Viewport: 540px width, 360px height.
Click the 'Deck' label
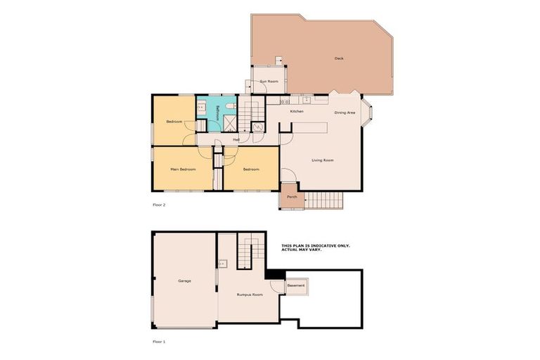[339, 59]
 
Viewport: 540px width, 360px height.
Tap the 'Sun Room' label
[269, 82]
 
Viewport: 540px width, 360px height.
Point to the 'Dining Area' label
[345, 112]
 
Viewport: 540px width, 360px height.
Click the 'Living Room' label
[323, 160]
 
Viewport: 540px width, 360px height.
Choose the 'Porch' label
[292, 197]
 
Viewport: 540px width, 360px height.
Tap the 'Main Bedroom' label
[183, 169]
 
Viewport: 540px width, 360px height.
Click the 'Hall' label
[236, 139]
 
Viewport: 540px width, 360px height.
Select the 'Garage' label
[184, 281]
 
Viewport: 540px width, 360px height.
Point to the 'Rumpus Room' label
[250, 295]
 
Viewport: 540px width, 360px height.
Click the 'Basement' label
[296, 285]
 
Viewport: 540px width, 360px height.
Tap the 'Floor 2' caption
[159, 205]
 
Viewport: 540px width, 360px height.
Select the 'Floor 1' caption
[159, 341]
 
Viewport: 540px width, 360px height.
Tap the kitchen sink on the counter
[306, 100]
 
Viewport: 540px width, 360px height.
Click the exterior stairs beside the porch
[325, 200]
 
